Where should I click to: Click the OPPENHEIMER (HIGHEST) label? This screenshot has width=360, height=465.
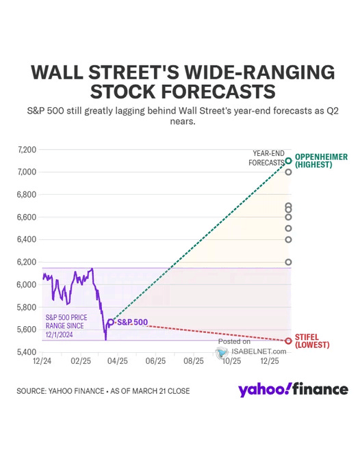(321, 161)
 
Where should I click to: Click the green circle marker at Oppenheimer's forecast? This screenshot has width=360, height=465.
(289, 161)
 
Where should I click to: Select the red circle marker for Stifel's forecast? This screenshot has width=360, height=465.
(289, 341)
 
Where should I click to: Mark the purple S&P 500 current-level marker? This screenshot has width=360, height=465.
(110, 321)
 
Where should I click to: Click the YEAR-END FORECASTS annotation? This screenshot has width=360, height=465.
(268, 159)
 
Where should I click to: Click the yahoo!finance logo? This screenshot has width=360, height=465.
(292, 390)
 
